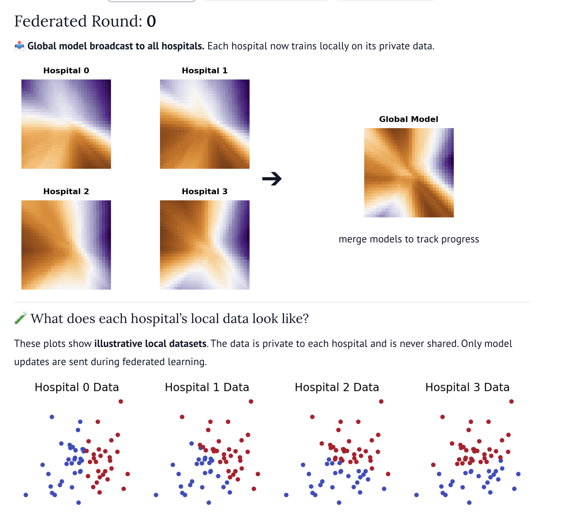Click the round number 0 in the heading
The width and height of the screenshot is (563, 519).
point(151,21)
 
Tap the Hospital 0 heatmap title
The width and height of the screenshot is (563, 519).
point(66,70)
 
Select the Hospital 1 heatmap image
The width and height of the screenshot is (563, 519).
point(205,124)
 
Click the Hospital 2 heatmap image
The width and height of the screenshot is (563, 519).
point(66,245)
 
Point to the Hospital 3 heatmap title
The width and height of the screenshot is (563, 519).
point(205,191)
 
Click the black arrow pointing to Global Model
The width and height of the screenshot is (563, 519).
point(272,179)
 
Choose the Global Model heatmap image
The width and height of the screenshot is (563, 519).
point(409,173)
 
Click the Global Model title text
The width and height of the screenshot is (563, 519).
point(409,119)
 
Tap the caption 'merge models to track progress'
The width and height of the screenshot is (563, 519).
point(409,239)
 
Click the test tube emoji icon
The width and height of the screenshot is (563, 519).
point(20,318)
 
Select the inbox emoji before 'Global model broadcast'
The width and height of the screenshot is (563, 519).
point(19,46)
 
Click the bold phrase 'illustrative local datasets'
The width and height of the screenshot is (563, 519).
point(150,343)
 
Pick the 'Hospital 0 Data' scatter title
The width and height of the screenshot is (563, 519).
point(77,387)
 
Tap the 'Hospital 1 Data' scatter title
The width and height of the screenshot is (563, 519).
point(207,387)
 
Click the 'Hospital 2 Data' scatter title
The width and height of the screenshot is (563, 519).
point(337,387)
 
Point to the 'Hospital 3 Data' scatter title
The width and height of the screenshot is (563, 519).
point(468,387)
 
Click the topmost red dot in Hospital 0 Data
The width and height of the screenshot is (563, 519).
point(121,401)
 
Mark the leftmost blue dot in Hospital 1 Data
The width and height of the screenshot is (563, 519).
point(156,495)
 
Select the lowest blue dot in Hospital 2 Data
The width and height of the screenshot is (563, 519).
point(339,503)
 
